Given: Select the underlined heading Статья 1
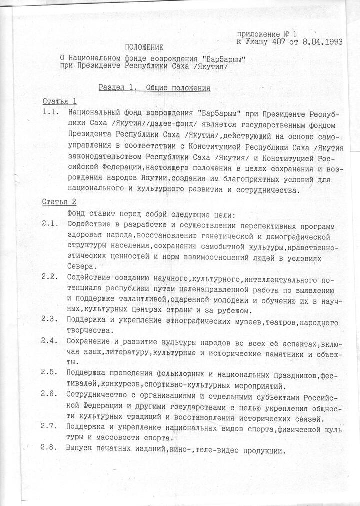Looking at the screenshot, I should coord(59,101).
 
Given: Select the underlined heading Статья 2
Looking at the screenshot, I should coord(59,202).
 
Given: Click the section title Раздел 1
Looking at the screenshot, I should coord(117,87).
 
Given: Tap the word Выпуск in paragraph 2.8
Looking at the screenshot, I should coord(80,449).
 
